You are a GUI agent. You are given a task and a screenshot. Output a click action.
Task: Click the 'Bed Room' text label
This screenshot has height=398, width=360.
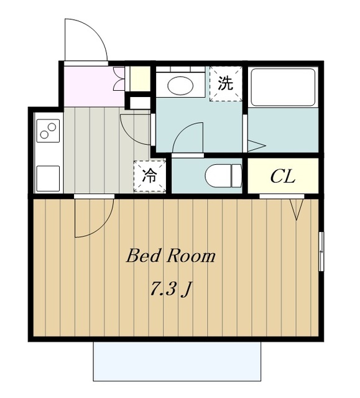click(x=171, y=256)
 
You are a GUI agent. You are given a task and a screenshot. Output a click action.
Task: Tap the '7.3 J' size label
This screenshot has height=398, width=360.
click(x=170, y=289)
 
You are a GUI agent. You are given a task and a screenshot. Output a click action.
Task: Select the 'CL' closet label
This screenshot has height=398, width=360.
click(x=283, y=177)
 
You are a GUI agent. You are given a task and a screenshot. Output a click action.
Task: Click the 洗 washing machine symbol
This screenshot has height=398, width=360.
click(x=226, y=83)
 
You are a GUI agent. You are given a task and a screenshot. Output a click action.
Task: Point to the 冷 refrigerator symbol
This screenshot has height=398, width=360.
click(x=150, y=176)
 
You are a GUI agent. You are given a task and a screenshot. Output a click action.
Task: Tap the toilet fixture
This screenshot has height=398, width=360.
click(x=223, y=175)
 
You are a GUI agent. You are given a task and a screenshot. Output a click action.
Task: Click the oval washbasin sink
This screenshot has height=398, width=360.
click(x=180, y=85)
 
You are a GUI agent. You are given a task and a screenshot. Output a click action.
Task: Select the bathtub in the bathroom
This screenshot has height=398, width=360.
click(x=283, y=87)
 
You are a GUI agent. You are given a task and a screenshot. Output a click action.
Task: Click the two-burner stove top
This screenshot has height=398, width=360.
click(x=48, y=131)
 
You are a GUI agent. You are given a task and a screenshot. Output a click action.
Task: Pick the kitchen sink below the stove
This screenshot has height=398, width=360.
click(x=48, y=178)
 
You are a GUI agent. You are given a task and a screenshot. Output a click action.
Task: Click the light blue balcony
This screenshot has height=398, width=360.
click(x=177, y=361)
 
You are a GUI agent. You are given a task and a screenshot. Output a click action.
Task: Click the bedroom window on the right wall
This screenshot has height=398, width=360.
click(x=321, y=251)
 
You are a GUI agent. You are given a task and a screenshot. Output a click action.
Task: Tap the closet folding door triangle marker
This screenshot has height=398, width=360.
click(x=297, y=209)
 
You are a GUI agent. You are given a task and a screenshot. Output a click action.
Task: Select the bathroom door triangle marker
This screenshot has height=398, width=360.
click(x=257, y=146)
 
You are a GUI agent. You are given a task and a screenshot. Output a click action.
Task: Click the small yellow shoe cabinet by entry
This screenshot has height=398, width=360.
click(x=140, y=79)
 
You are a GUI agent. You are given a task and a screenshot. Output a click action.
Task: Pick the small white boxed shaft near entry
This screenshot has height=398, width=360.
click(x=140, y=103)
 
